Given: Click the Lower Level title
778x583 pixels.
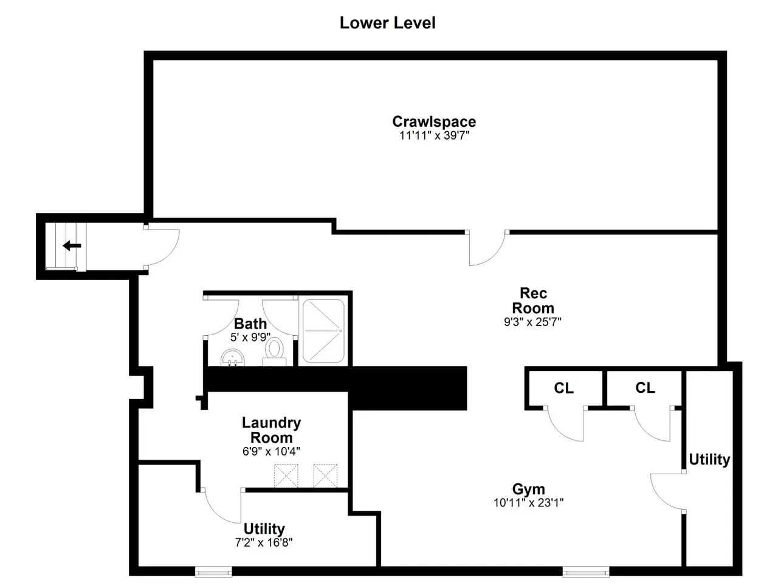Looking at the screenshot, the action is click(x=387, y=23).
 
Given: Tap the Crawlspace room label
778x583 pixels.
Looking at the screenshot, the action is click(x=434, y=121).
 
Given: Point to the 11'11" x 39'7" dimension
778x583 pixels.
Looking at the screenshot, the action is click(x=434, y=135).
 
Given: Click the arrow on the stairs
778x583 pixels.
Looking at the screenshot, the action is click(x=72, y=245).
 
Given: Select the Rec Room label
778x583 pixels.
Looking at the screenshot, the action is click(x=532, y=301).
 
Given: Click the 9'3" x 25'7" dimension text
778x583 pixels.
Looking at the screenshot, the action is click(x=532, y=322).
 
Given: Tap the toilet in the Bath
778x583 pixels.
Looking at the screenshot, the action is click(x=274, y=352).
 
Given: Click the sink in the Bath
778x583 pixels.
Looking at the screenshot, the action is click(x=233, y=358).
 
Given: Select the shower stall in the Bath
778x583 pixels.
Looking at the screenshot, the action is click(x=323, y=331).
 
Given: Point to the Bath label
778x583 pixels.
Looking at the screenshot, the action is click(x=250, y=324).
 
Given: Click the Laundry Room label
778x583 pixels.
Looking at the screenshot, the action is click(x=271, y=430).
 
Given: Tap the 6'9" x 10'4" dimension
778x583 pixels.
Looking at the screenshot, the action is click(x=271, y=451).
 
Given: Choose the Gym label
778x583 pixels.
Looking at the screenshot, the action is click(x=528, y=489).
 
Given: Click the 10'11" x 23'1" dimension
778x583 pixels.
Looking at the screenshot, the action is click(x=528, y=503).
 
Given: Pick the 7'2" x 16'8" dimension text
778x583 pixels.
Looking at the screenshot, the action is click(x=264, y=542).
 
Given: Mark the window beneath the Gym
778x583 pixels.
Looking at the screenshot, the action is click(x=585, y=571).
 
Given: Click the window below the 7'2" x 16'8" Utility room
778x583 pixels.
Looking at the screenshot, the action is click(x=213, y=571).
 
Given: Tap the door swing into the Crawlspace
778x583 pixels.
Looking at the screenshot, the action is click(x=487, y=248).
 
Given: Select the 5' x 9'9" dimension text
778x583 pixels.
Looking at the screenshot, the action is click(x=250, y=337).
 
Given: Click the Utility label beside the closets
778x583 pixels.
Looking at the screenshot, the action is click(x=709, y=460).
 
